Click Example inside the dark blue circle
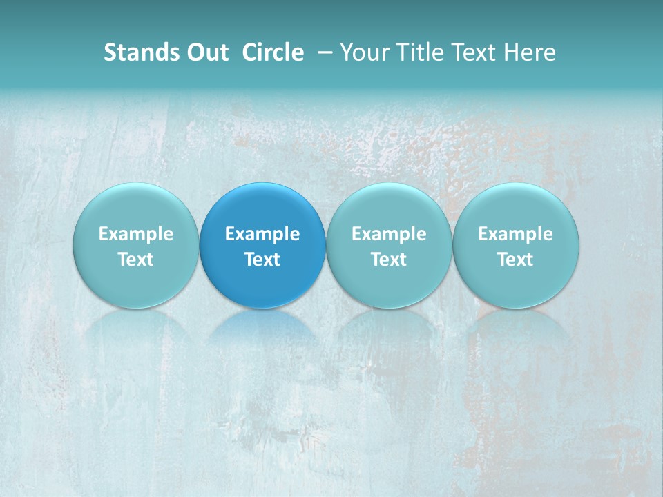[x=262, y=234]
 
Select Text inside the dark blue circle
[x=262, y=260]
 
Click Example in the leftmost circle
[x=136, y=234]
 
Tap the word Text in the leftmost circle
[x=136, y=260]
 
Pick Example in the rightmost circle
[x=516, y=234]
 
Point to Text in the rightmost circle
[x=516, y=260]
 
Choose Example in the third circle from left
[x=389, y=234]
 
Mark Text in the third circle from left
[x=389, y=260]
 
